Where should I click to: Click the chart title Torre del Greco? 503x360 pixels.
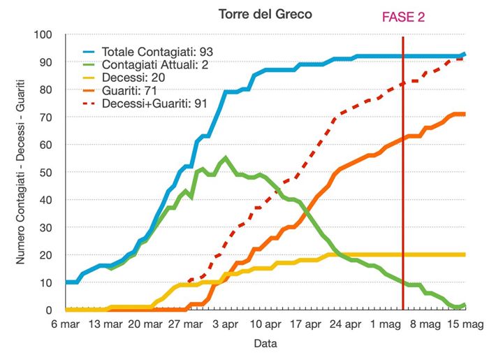tap(260, 14)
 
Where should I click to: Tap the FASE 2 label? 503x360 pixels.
tap(403, 16)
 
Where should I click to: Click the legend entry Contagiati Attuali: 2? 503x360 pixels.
tap(154, 64)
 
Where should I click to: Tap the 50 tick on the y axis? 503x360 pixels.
tap(47, 172)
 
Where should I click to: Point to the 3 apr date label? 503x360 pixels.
tap(225, 324)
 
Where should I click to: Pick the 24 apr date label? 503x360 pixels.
tap(345, 324)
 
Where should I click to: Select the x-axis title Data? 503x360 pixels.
tap(265, 344)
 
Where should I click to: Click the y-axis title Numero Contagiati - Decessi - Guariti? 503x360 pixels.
tap(21, 172)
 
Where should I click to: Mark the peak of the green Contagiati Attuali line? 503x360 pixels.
tap(225, 158)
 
